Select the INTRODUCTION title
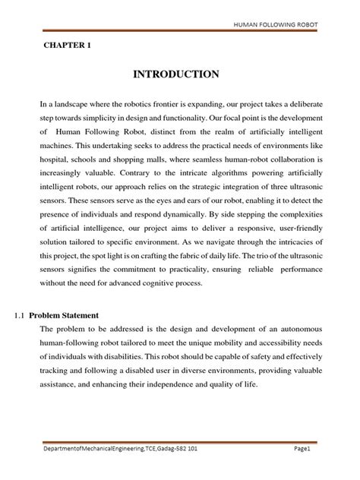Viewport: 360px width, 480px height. pyautogui.click(x=176, y=74)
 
